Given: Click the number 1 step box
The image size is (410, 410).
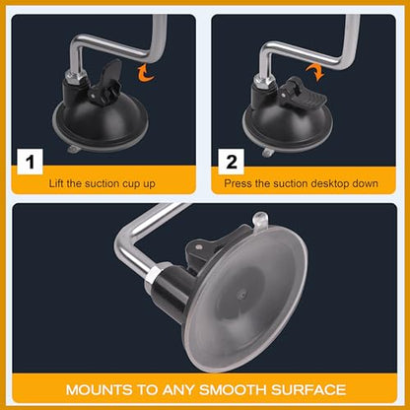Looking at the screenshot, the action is tap(30, 162).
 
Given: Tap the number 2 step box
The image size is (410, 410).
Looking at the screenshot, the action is tap(232, 162).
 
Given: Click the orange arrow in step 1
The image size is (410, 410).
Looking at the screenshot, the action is tap(146, 73).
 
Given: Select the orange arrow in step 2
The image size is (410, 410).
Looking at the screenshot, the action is tap(315, 72).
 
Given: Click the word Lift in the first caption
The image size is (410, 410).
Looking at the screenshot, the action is tap(56, 183).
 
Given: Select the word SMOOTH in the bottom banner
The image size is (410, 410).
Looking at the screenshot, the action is tap(233, 390).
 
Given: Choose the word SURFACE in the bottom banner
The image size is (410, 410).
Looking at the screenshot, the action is tap(308, 390).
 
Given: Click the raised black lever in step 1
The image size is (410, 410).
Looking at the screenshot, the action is tap(107, 82).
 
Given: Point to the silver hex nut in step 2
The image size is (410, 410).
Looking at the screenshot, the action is tap(264, 81).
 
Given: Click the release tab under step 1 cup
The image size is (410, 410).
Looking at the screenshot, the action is tap(73, 150).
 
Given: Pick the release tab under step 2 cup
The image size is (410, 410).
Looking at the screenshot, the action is tap(268, 152).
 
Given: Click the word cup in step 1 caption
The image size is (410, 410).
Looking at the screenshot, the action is tap(131, 184).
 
